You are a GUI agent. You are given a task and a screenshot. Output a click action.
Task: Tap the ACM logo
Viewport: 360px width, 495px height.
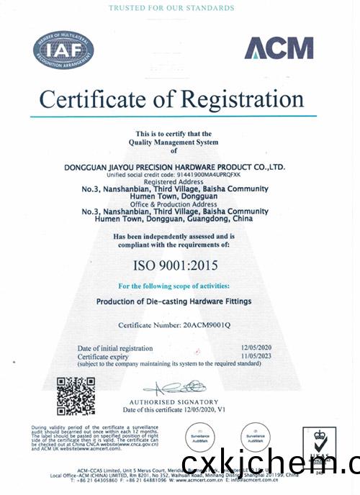(x=278, y=48)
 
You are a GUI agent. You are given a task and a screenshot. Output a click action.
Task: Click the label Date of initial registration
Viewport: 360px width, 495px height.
(x=115, y=349)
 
